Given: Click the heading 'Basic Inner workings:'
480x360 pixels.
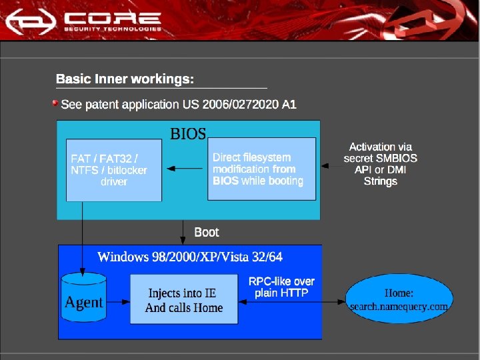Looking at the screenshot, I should (125, 79).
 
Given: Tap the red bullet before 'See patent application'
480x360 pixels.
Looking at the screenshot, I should (56, 103).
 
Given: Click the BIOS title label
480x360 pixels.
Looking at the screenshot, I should (188, 133).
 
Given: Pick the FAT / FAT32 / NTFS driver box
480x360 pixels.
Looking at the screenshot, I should (114, 170).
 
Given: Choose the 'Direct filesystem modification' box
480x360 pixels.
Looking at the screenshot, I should (261, 169).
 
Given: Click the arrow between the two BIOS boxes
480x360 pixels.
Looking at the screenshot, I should (185, 169).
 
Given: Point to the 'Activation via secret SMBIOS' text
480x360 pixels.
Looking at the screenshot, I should (381, 164).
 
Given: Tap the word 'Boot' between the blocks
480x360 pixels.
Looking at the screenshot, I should (206, 232).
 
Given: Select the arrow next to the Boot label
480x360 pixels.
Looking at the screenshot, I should (183, 232).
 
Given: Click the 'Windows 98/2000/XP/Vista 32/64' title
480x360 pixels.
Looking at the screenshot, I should (189, 257).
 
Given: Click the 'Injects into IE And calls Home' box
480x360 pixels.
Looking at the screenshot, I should (183, 301).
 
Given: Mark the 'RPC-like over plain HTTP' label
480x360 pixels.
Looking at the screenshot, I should (281, 287).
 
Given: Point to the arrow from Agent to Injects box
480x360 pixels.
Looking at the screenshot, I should (118, 301).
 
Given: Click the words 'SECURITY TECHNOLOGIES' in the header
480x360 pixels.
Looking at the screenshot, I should (113, 29).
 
